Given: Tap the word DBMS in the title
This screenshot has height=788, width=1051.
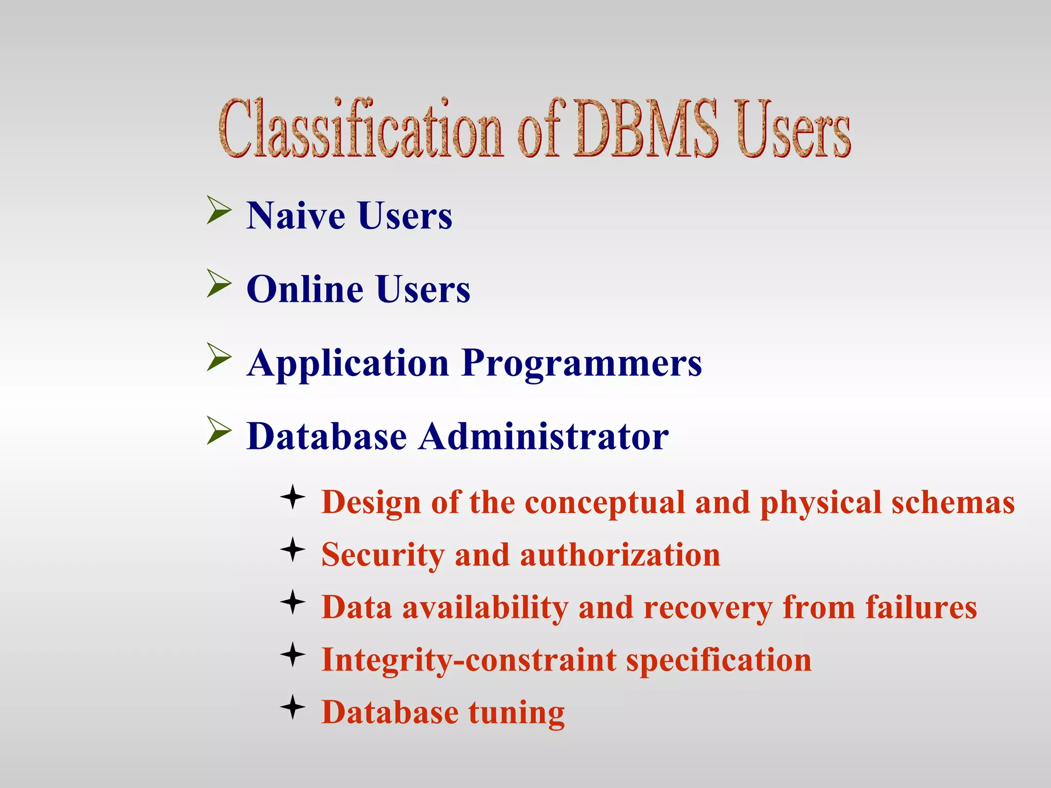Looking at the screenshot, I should [646, 128].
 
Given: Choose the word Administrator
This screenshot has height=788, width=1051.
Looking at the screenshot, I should [544, 437].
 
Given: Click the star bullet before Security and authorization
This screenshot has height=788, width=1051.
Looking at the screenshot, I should [293, 549].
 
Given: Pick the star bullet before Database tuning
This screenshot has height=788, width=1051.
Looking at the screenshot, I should [293, 707].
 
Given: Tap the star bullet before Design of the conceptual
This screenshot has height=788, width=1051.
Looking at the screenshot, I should [293, 497].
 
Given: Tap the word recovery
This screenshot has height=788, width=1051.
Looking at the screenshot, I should [708, 608].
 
